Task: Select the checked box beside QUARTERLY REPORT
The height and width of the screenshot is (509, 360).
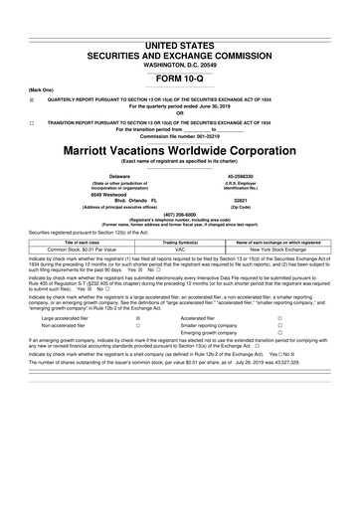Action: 32,101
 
